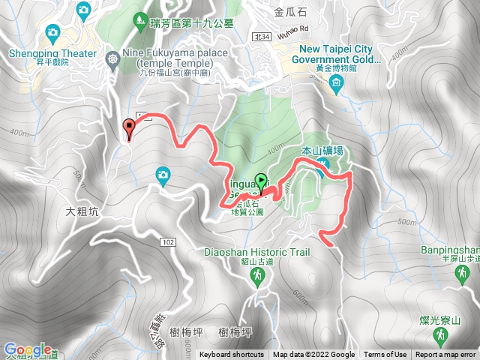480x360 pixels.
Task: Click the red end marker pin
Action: click(x=129, y=128)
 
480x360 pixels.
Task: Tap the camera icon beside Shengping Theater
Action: click(x=52, y=32)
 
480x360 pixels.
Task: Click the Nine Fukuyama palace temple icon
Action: click(x=112, y=58)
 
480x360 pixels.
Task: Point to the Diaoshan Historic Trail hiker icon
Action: click(x=257, y=277)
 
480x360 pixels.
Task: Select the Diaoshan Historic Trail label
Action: click(x=256, y=252)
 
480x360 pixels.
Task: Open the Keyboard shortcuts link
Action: click(x=232, y=355)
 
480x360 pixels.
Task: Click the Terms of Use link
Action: click(x=385, y=355)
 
